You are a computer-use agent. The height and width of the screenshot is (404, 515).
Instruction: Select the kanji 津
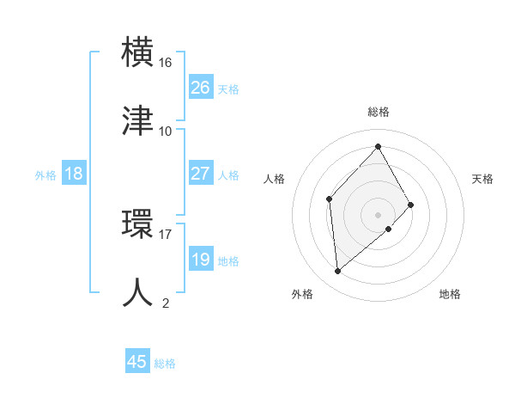click(139, 119)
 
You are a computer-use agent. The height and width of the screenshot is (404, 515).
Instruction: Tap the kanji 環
click(139, 223)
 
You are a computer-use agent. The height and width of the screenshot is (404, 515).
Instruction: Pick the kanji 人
click(139, 291)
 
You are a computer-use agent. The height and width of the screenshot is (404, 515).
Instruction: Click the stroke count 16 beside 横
click(166, 63)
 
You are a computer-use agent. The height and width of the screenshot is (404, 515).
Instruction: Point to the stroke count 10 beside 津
click(166, 131)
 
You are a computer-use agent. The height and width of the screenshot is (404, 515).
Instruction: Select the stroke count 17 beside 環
click(166, 233)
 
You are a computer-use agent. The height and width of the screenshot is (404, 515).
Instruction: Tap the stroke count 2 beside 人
click(166, 303)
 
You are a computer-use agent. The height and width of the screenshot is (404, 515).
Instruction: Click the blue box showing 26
click(201, 88)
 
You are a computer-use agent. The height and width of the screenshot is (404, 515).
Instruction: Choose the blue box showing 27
click(201, 174)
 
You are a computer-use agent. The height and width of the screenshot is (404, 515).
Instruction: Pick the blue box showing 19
click(201, 260)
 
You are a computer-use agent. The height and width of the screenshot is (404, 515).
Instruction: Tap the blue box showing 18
click(74, 174)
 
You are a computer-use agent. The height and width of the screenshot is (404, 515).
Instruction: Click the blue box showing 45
click(137, 362)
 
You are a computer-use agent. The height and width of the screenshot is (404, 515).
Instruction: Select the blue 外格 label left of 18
click(45, 175)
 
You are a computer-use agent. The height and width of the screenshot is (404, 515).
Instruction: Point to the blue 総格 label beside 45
click(165, 364)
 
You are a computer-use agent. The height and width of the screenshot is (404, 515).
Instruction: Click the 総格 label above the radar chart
click(379, 112)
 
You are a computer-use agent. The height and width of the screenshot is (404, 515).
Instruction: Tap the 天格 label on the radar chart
click(482, 179)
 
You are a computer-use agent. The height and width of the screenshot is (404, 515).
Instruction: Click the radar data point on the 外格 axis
click(338, 271)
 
